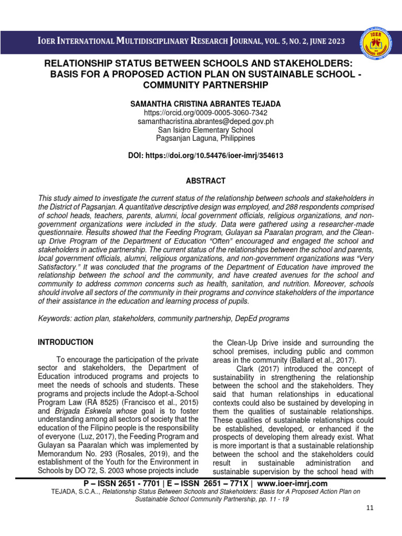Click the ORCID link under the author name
[206, 113]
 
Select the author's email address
[206, 121]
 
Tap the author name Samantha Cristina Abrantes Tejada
[206, 104]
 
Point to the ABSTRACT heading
[206, 181]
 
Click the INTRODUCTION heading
[65, 342]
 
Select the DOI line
[206, 156]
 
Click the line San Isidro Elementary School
[206, 130]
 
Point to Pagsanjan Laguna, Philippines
[206, 138]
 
